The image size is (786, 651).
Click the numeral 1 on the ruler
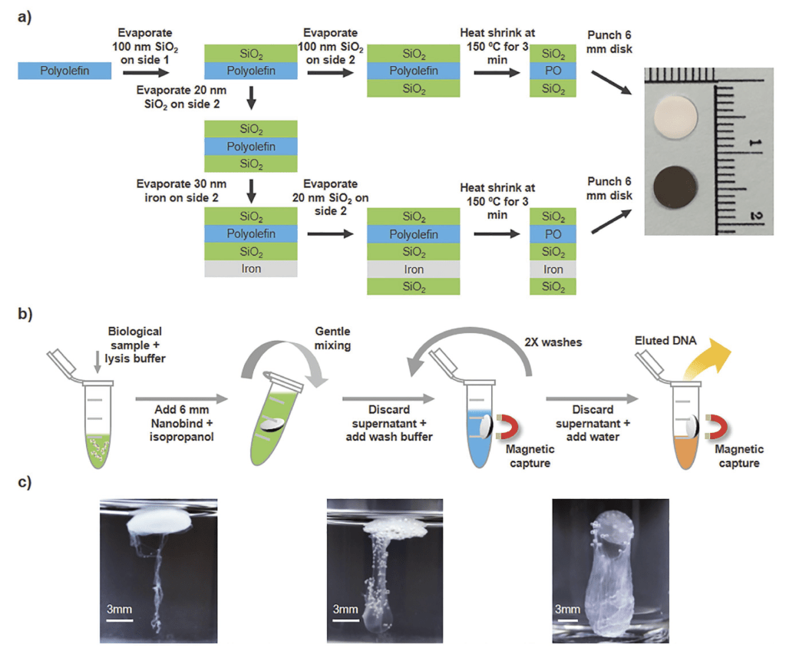pyautogui.click(x=756, y=145)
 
